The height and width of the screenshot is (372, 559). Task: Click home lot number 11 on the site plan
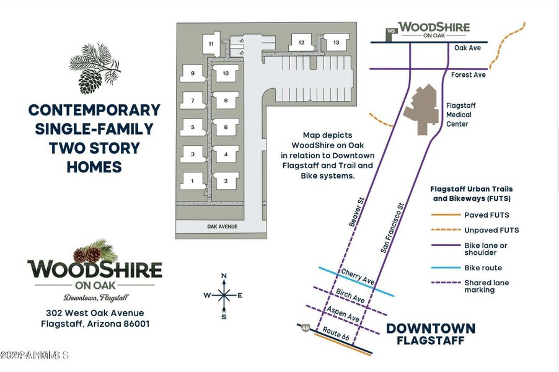coord(211,43)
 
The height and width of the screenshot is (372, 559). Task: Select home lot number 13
coord(336,43)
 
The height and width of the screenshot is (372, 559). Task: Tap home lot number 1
coord(193,180)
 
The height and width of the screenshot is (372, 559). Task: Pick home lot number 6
coord(226,127)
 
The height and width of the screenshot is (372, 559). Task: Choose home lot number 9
coord(193,73)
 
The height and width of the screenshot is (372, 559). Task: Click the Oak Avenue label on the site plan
coord(222,227)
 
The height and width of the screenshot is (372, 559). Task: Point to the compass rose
coord(224,295)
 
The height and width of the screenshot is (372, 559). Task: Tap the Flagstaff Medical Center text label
coord(459,115)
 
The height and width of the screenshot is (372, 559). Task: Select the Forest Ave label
coord(469,75)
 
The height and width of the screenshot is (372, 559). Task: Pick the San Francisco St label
coord(392,227)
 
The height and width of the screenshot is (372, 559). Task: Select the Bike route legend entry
coord(483,268)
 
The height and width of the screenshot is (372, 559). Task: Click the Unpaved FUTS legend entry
coord(491,230)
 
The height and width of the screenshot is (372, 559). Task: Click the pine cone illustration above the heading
coord(93,69)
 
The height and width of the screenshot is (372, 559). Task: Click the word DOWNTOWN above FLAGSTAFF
coord(431,328)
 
